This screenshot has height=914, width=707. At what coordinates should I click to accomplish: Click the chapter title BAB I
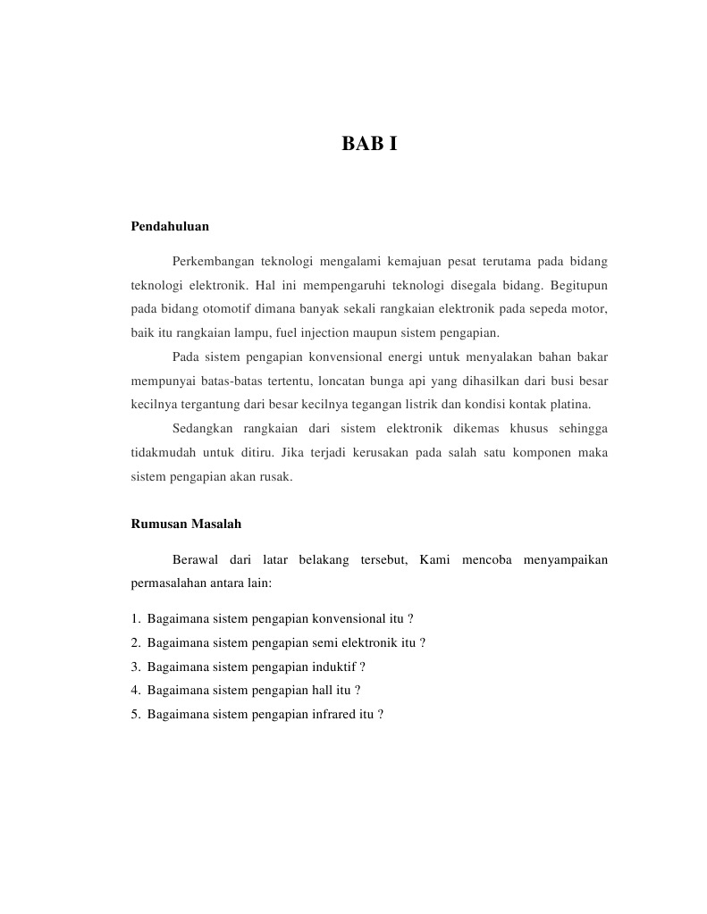tap(369, 143)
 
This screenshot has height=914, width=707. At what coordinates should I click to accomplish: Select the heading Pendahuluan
tap(170, 227)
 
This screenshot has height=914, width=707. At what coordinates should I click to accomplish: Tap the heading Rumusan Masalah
tap(186, 524)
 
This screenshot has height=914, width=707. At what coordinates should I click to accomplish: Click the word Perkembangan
tap(211, 262)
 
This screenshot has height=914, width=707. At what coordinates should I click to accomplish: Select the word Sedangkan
tap(202, 428)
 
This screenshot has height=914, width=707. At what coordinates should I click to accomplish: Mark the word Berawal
tap(195, 560)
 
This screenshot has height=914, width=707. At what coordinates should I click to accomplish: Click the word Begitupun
tap(579, 285)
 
